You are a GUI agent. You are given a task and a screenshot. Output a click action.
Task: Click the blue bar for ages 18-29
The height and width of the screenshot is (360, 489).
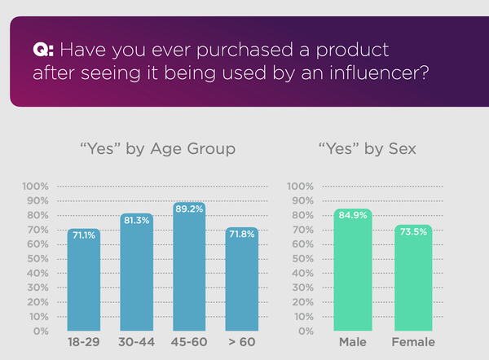tap(84, 281)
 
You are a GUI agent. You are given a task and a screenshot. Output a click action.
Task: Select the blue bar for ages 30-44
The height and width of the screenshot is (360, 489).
tap(136, 273)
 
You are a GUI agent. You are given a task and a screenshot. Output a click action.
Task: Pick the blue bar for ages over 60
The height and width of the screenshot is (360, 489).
tap(241, 281)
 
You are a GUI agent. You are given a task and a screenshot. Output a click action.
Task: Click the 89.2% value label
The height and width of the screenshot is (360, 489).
tap(189, 209)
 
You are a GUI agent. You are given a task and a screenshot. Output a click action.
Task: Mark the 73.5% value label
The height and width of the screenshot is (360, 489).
tap(413, 232)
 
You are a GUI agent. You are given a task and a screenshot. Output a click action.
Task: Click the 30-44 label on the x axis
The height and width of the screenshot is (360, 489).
tap(136, 342)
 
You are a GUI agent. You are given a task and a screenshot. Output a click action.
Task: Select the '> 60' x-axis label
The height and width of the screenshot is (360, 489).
tap(241, 342)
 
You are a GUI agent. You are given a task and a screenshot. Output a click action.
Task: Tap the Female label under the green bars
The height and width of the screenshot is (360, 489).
tap(413, 342)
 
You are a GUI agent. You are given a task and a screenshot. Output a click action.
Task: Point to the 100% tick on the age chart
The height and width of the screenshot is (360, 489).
tap(37, 187)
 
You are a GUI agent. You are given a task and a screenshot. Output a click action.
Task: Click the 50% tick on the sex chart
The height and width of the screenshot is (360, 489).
tap(302, 259)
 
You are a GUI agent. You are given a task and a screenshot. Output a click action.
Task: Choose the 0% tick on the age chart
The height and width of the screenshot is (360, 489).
tap(41, 331)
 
